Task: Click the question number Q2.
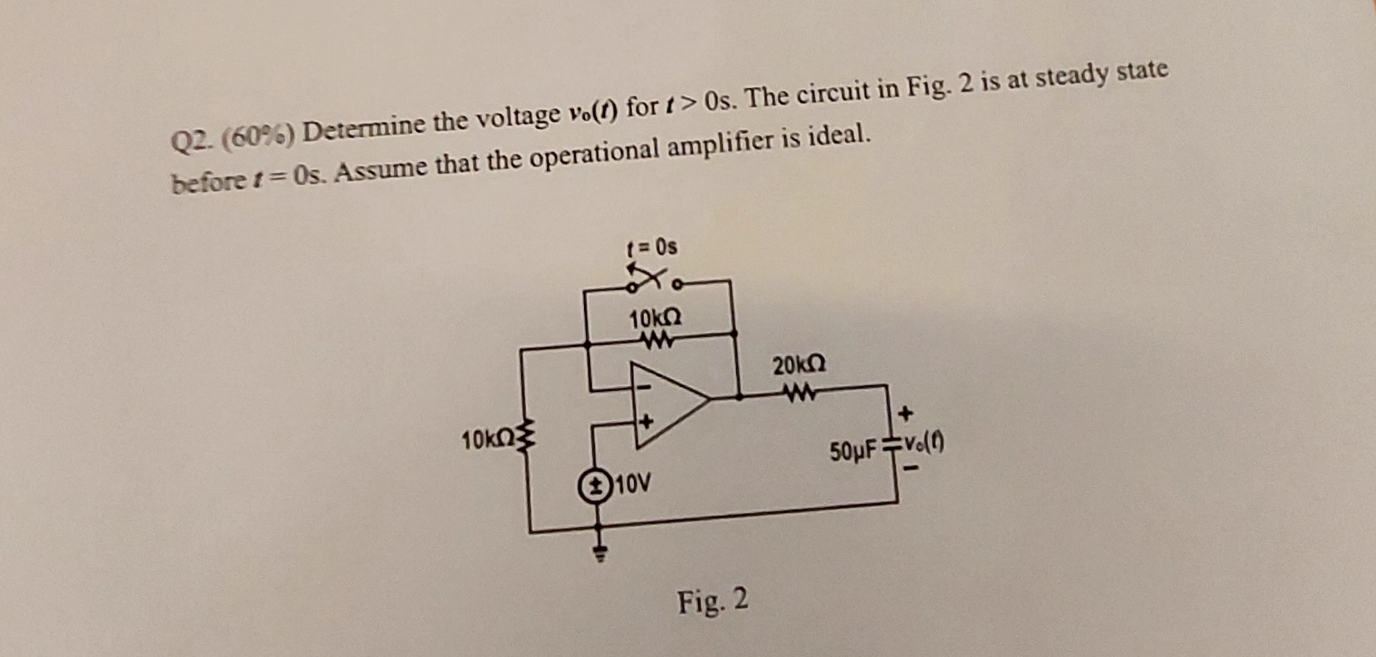(191, 141)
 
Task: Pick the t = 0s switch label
(651, 247)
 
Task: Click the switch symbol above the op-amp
(653, 280)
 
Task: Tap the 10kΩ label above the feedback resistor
(655, 318)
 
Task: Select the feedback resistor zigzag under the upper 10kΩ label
(659, 340)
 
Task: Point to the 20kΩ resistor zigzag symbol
(800, 392)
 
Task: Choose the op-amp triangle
(666, 405)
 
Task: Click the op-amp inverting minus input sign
(643, 387)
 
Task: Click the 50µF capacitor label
(853, 452)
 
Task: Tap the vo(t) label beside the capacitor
(924, 445)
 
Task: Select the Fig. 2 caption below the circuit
(712, 600)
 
